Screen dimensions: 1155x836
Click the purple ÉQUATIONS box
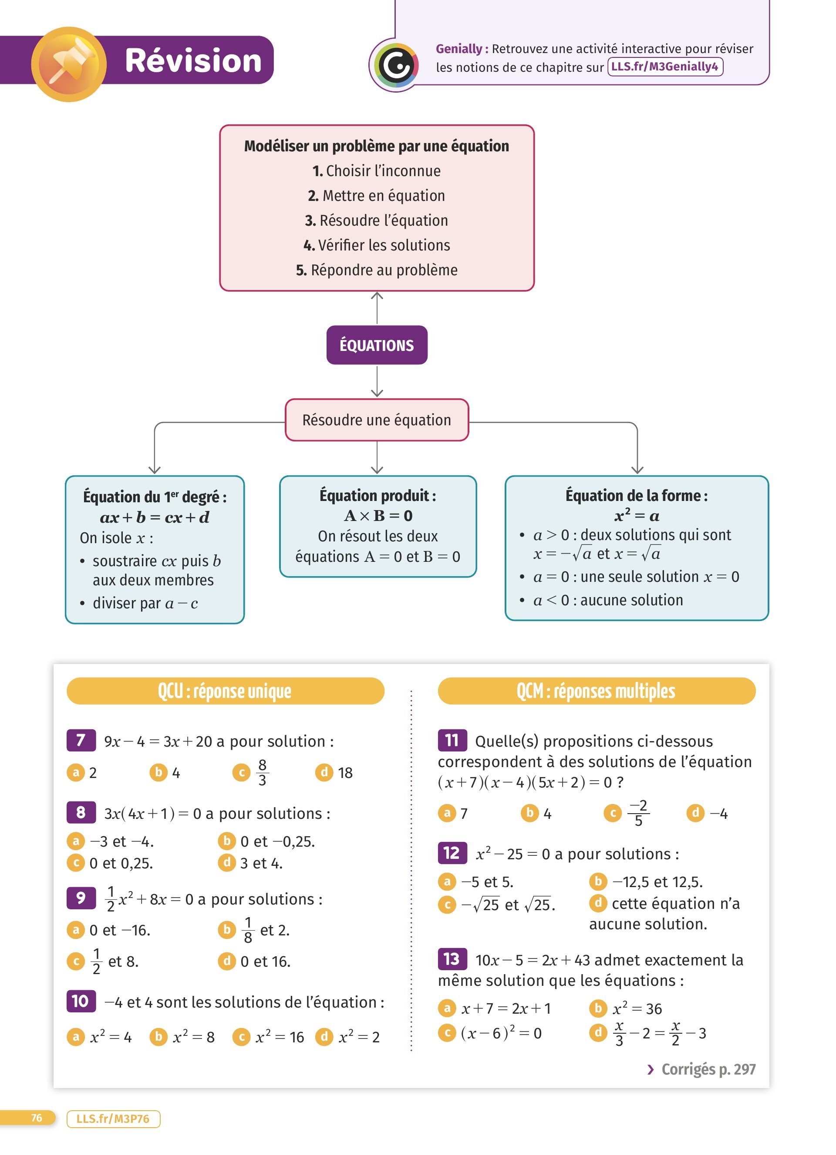377,345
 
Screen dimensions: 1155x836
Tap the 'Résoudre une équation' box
377,420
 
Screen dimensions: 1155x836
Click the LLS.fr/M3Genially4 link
665,67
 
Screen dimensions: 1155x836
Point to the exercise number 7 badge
81,740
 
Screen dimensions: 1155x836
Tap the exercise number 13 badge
452,959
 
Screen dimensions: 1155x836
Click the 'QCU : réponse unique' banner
225,691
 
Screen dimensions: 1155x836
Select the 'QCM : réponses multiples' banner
596,691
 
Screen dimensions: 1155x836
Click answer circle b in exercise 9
227,929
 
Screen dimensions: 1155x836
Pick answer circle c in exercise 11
613,813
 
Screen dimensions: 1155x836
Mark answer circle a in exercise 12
447,881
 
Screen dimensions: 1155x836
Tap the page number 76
36,1118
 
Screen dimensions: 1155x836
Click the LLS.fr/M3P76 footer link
113,1119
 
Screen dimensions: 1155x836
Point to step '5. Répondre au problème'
377,270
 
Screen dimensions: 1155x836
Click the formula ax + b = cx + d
155,517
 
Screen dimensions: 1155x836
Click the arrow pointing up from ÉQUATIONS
377,307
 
